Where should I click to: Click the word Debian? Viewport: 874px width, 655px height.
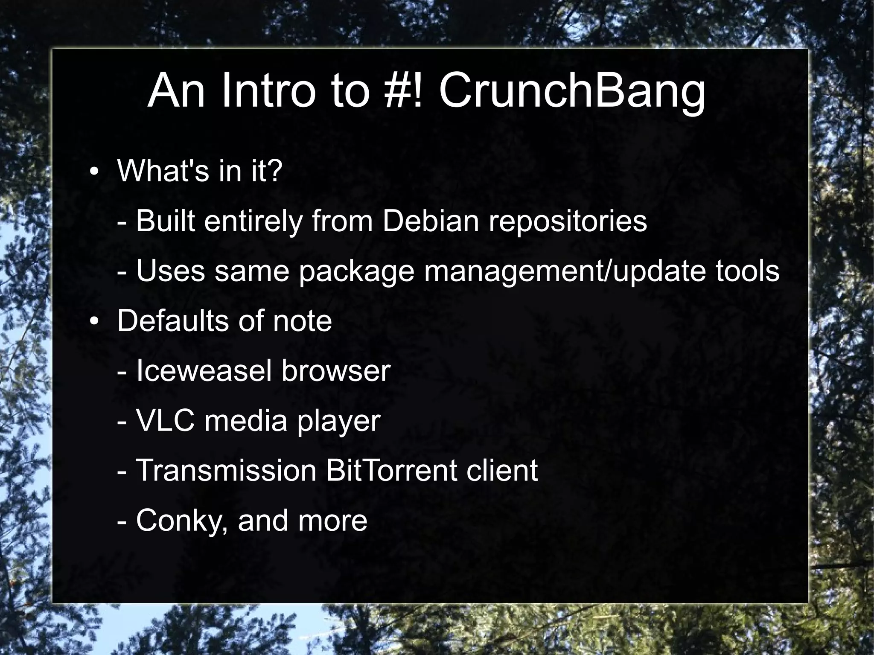pos(430,221)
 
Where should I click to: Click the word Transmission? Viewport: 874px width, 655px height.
pos(226,470)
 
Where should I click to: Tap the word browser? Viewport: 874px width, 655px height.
pos(335,370)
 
